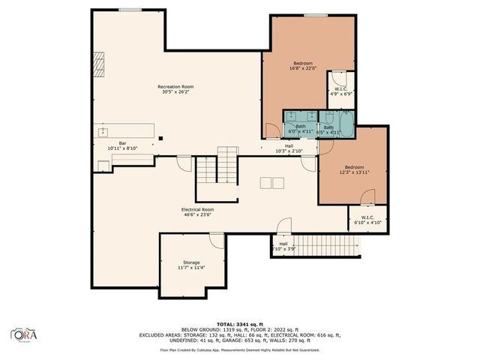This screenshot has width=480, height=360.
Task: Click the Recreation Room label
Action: click(175, 87)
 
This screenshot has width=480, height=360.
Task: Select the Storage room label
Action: click(190, 262)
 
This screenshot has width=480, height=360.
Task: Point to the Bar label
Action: click(123, 142)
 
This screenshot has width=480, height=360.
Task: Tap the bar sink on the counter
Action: click(103, 132)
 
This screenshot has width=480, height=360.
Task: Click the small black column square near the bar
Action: click(159, 138)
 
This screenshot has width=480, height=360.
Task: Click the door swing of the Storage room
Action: click(217, 240)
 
